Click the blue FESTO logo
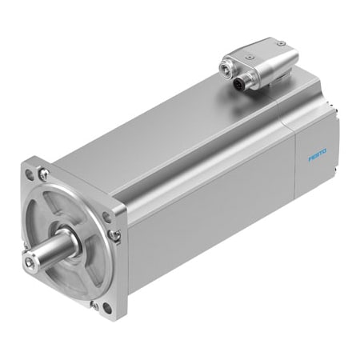pos(318,156)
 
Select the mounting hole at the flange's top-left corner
pos(30,175)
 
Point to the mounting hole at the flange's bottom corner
pos(107,308)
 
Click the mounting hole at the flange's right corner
pos(106,218)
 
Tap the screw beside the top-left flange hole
pos(43,174)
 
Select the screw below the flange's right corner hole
pos(113,234)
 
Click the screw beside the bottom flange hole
pos(94,306)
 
